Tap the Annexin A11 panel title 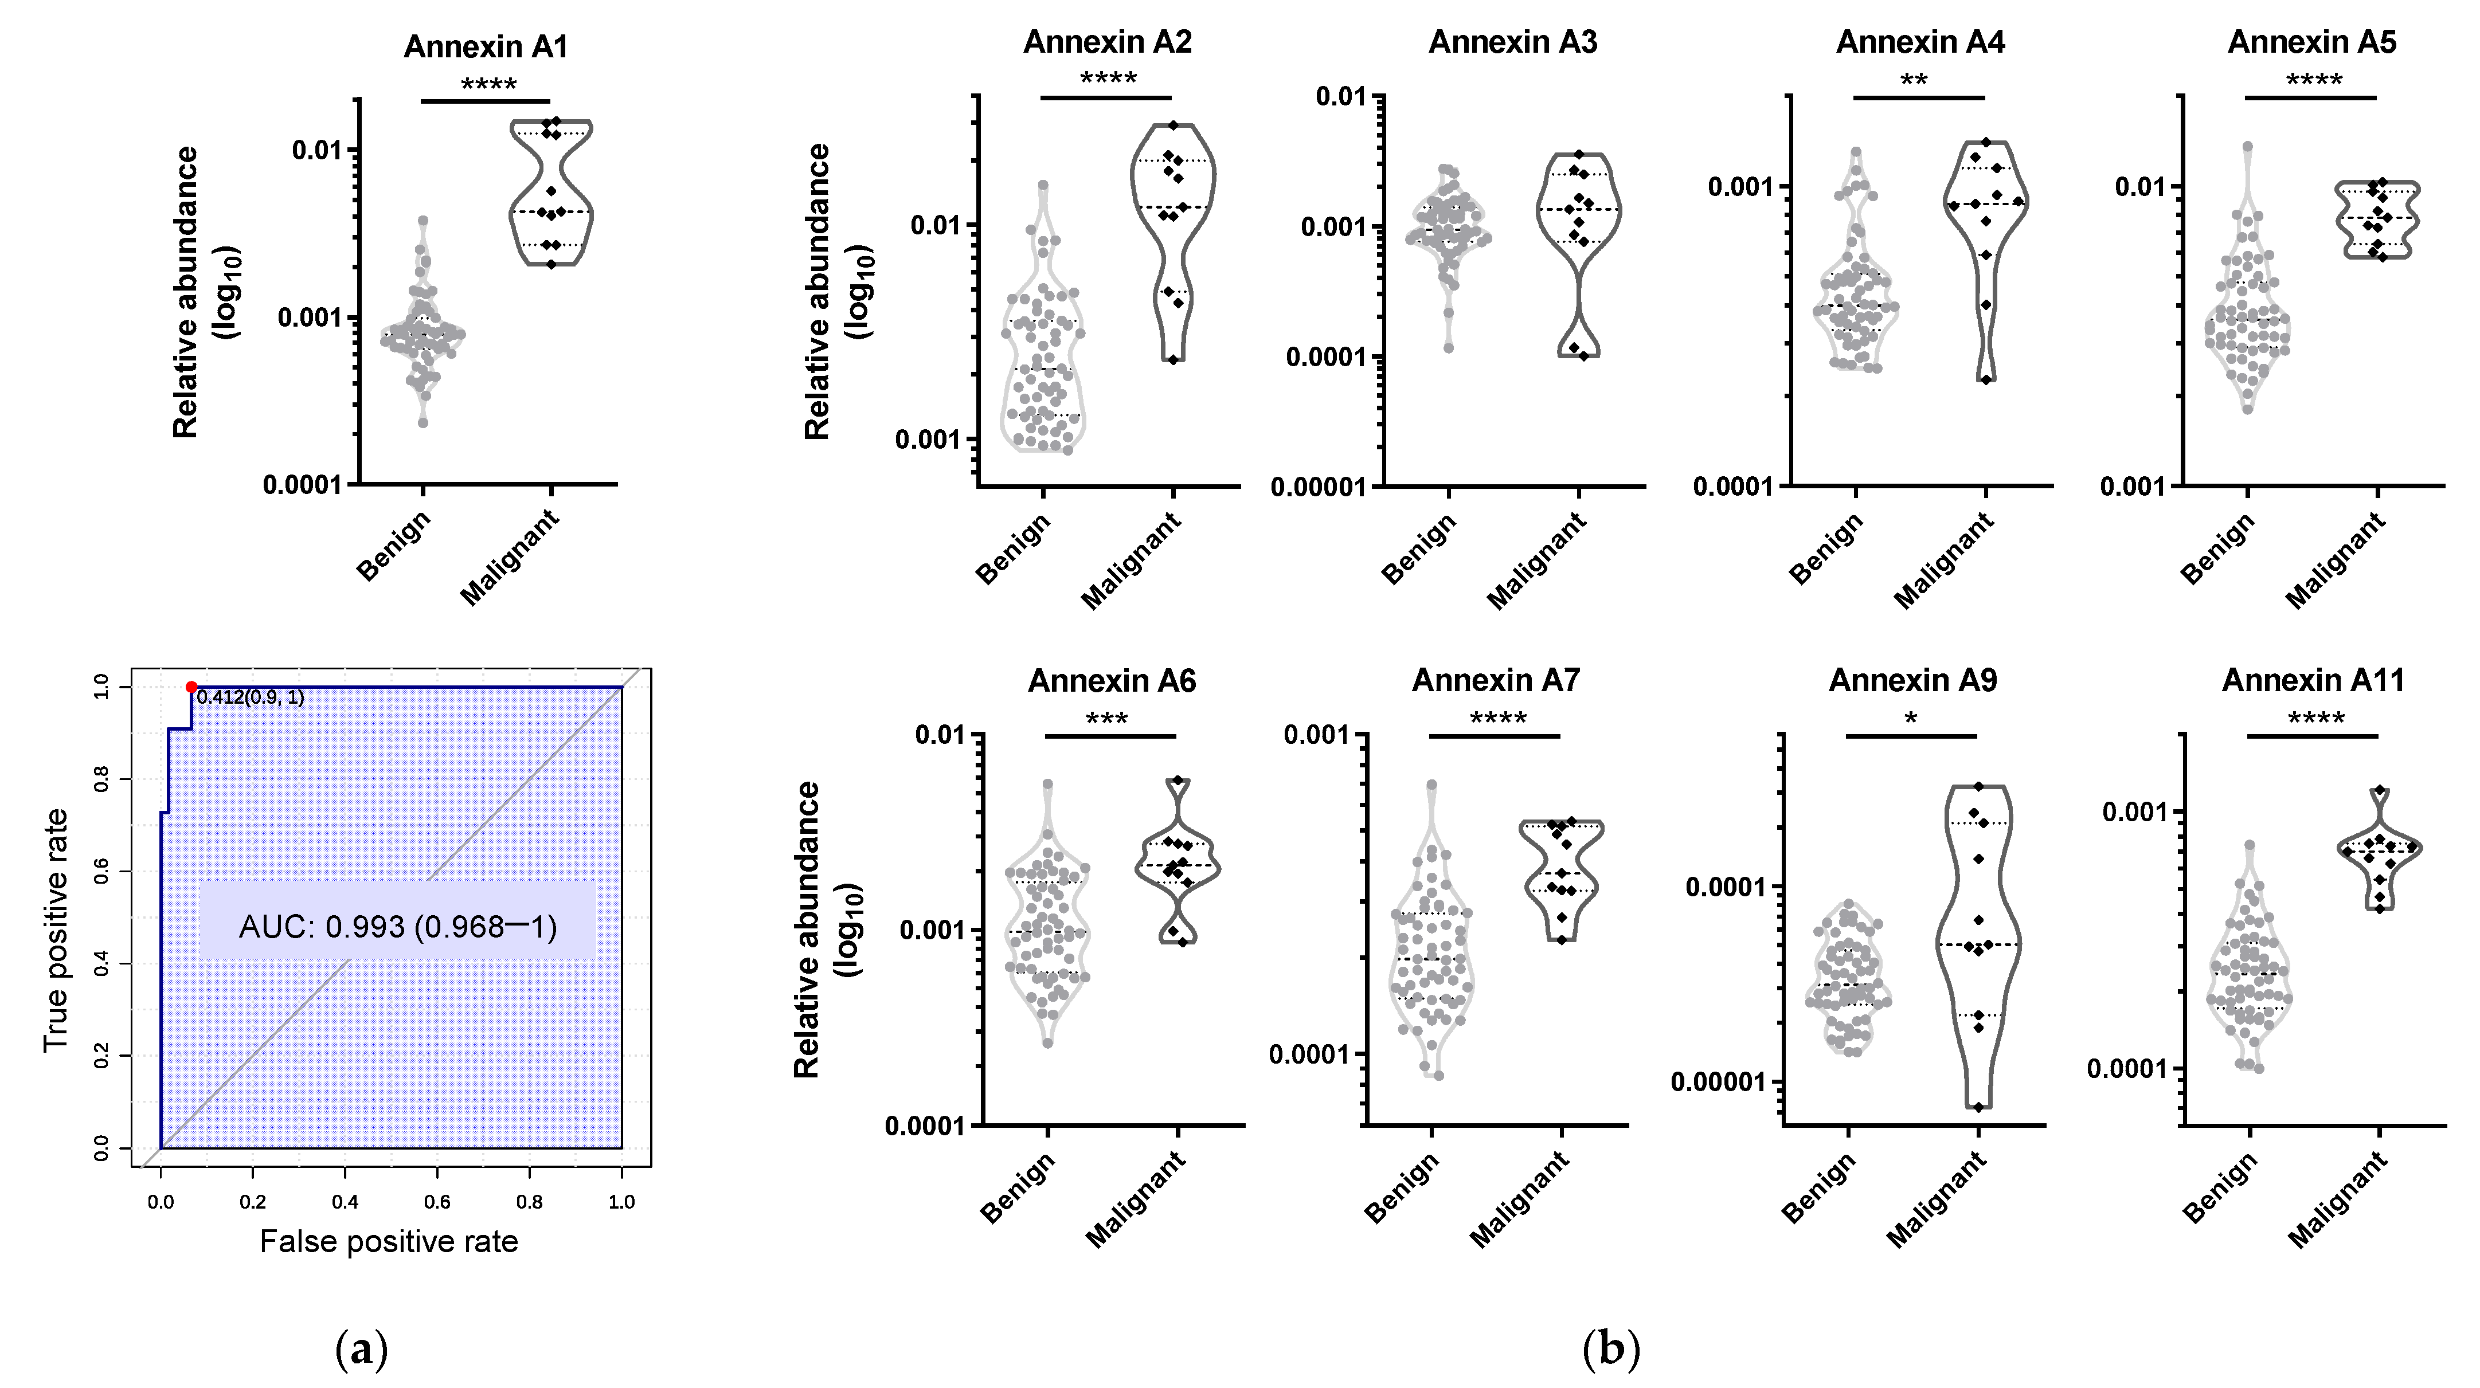tap(2313, 680)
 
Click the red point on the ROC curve tap(191, 687)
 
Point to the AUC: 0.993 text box tap(398, 926)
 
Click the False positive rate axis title tap(389, 1242)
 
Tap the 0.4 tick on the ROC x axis tap(345, 1201)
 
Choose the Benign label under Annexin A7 tap(1402, 1189)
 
